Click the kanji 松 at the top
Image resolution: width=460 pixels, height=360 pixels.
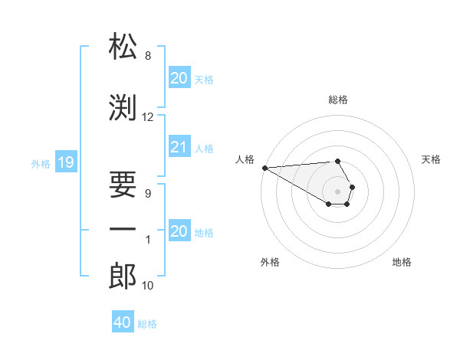[x=123, y=47]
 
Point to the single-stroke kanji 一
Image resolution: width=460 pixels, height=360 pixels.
[x=123, y=229]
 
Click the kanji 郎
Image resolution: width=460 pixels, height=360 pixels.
[x=123, y=277]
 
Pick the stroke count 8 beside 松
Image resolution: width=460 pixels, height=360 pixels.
[x=148, y=56]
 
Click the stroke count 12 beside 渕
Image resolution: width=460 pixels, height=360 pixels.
[x=148, y=117]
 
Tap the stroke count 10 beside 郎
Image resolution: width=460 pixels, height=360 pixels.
[x=148, y=286]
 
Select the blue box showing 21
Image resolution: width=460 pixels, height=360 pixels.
[x=179, y=148]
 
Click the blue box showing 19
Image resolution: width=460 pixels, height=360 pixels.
[x=65, y=162]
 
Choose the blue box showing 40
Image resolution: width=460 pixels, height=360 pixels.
[x=123, y=322]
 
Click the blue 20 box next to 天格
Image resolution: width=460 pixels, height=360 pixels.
[x=179, y=78]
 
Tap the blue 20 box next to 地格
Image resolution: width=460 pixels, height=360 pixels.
[x=179, y=231]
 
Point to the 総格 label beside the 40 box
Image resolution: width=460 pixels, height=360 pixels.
[x=147, y=324]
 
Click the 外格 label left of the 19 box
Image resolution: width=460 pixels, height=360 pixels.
[x=40, y=163]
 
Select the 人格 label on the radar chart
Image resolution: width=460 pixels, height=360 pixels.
[x=244, y=159]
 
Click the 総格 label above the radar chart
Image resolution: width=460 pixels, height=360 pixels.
[x=337, y=100]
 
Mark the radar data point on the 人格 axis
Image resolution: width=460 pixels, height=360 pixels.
[x=264, y=168]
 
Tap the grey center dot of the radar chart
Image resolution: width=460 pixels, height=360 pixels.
[x=337, y=191]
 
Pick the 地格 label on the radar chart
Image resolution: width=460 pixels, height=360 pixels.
[x=402, y=262]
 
